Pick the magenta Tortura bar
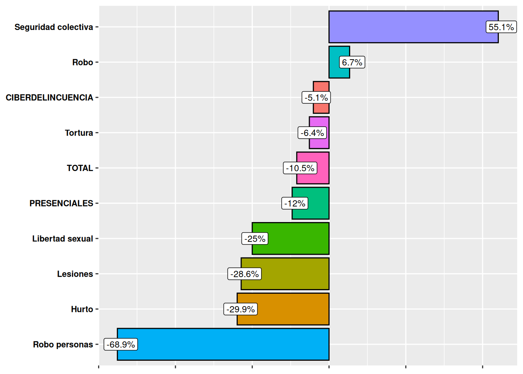coord(319,143)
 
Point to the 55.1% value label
coord(501,27)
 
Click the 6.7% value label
coord(352,62)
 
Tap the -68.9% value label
coord(121,345)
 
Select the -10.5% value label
coord(300,168)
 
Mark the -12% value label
coord(295,203)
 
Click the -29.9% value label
coord(240,309)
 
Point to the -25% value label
coord(255,239)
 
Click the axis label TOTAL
coord(80,168)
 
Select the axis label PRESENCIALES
coord(61,203)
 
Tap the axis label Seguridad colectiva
coord(54,27)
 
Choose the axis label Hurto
coord(82,309)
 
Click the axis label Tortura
coord(79,133)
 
